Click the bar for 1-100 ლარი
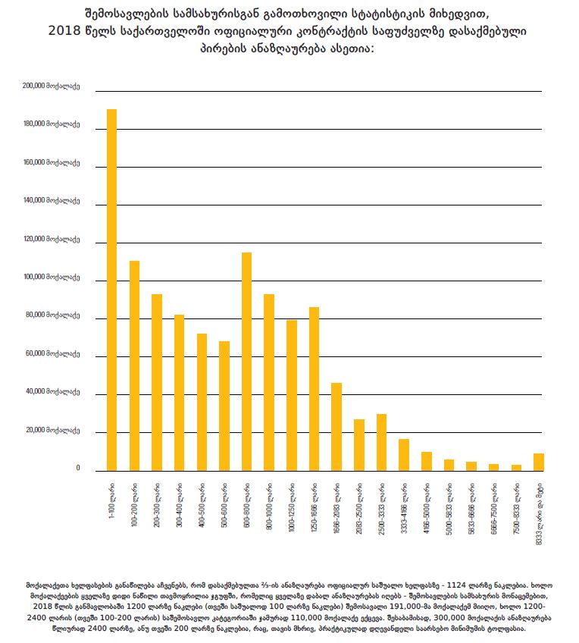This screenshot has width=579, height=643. (x=111, y=290)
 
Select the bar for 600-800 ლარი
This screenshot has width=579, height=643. (x=246, y=362)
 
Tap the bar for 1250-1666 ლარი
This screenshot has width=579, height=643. (x=314, y=389)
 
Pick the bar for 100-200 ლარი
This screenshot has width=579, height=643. (x=134, y=366)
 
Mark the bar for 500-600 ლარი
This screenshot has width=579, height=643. (x=224, y=406)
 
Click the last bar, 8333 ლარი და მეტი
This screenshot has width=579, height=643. (x=539, y=462)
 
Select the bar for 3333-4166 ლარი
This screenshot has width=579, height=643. (x=404, y=455)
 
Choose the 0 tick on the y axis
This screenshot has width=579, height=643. (x=77, y=469)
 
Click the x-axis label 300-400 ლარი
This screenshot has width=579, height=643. (x=180, y=500)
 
